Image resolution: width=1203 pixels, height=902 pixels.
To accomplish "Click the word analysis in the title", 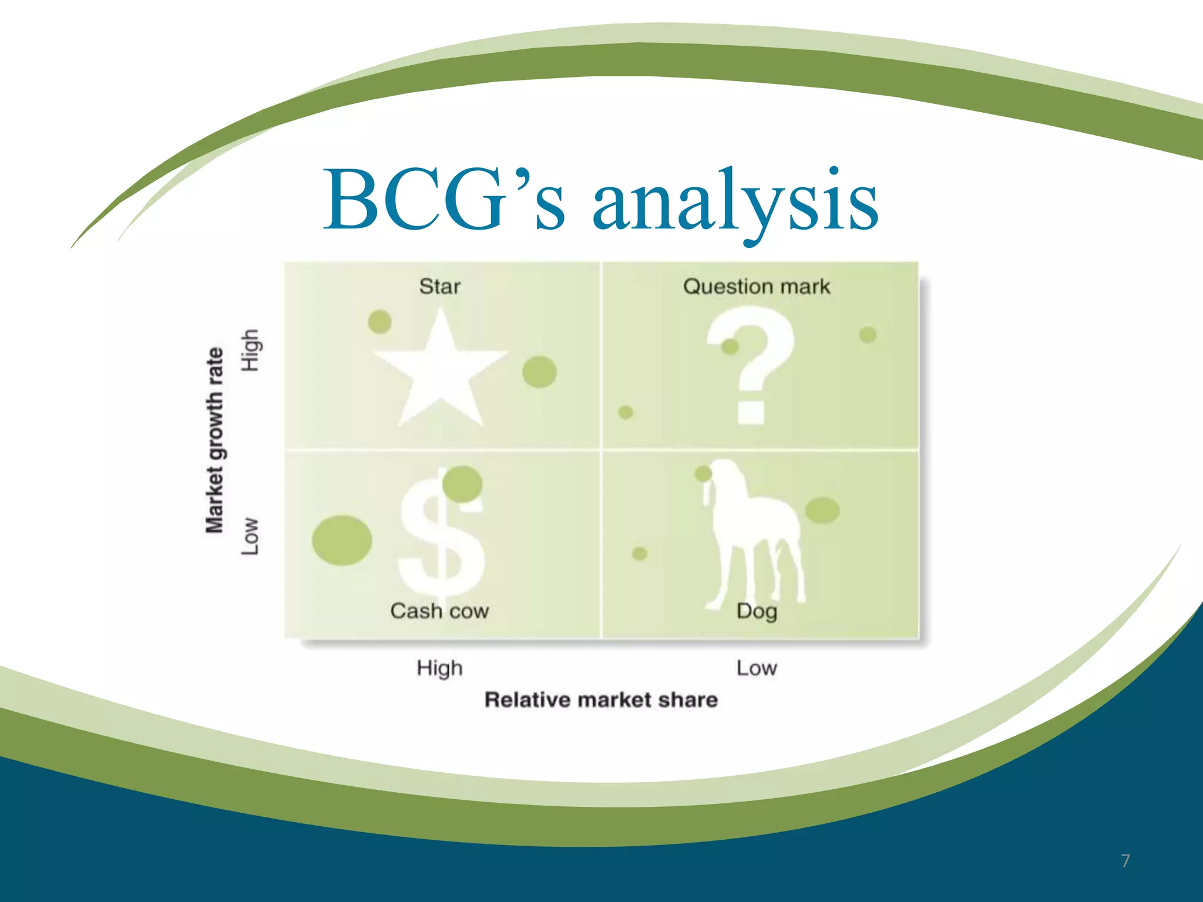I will [x=735, y=203].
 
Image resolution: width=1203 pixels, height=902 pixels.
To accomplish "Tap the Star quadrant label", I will [x=439, y=287].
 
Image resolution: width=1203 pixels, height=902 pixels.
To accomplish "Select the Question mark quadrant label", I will [x=757, y=287].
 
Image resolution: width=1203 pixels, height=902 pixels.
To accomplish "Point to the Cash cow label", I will [x=439, y=611].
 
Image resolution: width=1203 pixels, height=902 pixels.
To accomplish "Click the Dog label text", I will [x=757, y=611].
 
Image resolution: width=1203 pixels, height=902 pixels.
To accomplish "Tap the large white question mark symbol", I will [x=752, y=358].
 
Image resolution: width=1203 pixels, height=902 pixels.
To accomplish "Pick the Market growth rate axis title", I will [x=214, y=440].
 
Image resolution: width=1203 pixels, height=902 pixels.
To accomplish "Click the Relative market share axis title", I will [x=601, y=700].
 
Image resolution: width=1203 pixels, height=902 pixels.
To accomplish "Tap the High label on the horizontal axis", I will [x=439, y=668].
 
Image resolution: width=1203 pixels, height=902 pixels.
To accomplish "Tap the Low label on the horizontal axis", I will [x=757, y=668].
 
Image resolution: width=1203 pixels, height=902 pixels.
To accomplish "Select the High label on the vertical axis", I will [x=250, y=350].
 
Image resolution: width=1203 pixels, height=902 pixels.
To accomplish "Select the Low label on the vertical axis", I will [x=250, y=536].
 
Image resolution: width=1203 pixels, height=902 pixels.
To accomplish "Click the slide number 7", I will [x=1125, y=861].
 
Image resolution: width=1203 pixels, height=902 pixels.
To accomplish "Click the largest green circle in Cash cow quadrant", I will [x=342, y=540].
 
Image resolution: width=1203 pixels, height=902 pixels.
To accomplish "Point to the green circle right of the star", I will [x=539, y=372].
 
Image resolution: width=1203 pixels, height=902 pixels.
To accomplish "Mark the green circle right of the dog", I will [x=822, y=510].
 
